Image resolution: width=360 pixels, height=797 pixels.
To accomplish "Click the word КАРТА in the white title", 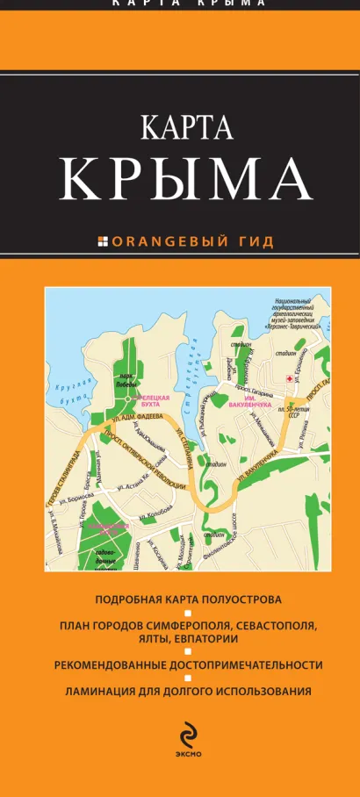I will [185, 128].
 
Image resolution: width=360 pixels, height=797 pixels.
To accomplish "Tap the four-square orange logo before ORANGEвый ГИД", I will [102, 241].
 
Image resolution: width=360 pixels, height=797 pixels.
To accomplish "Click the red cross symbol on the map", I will [289, 378].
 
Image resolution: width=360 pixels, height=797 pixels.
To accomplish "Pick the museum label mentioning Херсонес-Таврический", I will [289, 312].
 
